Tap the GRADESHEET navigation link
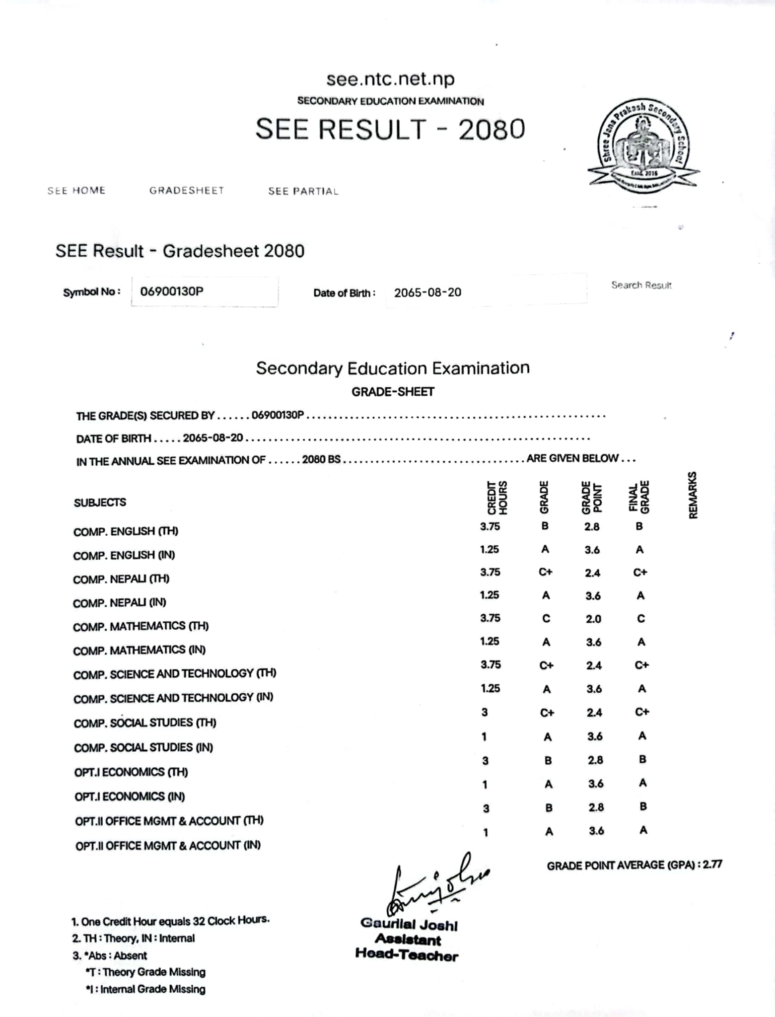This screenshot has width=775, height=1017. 187,191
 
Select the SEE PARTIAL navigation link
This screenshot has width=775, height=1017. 303,191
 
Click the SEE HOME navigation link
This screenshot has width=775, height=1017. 76,191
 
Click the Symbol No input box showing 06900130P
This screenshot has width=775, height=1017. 204,291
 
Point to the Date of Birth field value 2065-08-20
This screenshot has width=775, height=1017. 427,292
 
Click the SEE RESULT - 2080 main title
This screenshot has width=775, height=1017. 390,129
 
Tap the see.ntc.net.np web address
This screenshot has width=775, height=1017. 390,78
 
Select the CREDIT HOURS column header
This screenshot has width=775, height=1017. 497,497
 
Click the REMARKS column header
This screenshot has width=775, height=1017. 693,495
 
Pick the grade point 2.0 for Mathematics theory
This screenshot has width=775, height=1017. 593,619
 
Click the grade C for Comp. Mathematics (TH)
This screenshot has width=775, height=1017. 546,618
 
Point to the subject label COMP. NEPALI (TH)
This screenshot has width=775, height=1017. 121,579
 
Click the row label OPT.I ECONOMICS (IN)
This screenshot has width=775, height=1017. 130,797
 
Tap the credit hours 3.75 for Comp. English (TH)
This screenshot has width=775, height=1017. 490,526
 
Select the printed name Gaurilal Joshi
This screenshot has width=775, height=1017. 409,924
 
